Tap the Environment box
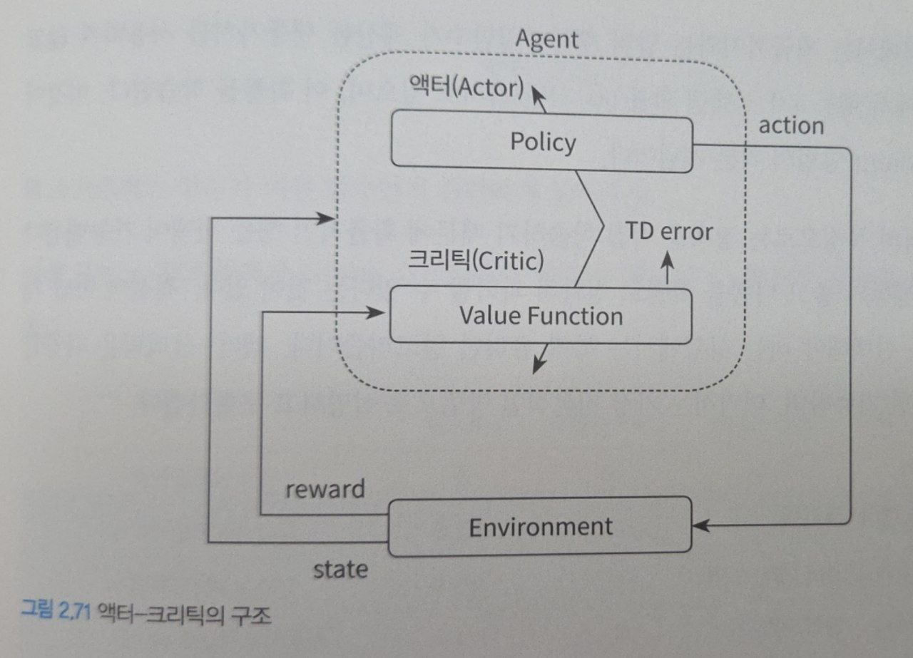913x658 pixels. (540, 527)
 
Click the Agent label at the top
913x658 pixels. (546, 39)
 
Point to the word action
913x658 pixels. (791, 126)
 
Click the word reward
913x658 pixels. (325, 489)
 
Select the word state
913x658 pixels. (341, 569)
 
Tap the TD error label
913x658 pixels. (668, 231)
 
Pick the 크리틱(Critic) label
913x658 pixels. (475, 261)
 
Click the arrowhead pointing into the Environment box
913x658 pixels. (701, 527)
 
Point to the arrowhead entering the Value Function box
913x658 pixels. (373, 312)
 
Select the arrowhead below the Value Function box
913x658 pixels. (539, 365)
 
